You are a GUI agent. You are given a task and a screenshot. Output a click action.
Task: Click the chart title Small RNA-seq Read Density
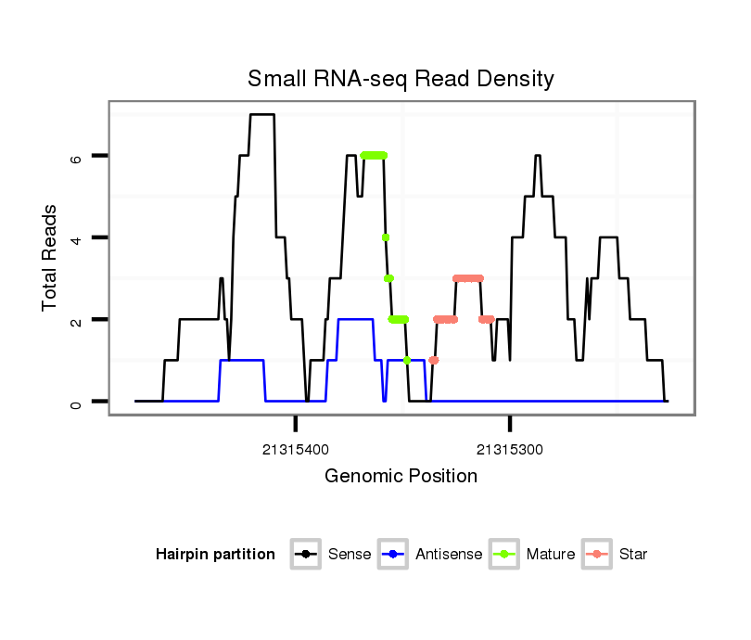pos(401,79)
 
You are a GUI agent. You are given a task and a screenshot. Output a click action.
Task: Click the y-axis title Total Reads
pos(51,257)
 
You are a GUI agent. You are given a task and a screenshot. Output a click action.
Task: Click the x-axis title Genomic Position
pos(401,477)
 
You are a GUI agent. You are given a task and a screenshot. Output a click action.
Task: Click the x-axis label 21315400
pos(295,451)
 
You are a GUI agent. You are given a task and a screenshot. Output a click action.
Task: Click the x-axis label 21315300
pos(510,451)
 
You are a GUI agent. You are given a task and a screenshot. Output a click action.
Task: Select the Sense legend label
pos(350,555)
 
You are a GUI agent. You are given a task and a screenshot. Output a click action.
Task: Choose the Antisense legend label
pos(449,555)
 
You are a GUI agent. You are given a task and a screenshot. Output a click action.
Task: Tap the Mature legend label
pos(551,555)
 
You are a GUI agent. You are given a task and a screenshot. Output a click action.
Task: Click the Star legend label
pos(633,555)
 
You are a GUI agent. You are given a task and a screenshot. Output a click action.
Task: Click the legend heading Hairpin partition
pos(216,555)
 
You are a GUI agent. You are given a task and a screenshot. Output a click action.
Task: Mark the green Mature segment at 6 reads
pos(374,156)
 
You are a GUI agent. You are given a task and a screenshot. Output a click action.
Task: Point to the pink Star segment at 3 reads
pos(468,278)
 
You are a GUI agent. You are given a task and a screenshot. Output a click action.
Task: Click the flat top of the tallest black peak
pos(262,115)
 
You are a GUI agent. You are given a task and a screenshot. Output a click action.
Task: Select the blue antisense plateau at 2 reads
pos(355,319)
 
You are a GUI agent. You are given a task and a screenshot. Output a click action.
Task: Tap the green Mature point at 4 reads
pos(385,237)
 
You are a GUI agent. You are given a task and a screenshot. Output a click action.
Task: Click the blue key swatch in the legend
pos(392,555)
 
